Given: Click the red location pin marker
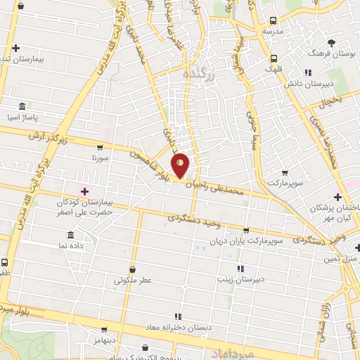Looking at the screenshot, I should click(181, 165).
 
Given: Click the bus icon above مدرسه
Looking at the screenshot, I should click(274, 21).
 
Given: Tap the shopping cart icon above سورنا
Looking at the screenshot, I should click(100, 148).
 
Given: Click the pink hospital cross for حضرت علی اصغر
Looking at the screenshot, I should click(85, 191).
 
